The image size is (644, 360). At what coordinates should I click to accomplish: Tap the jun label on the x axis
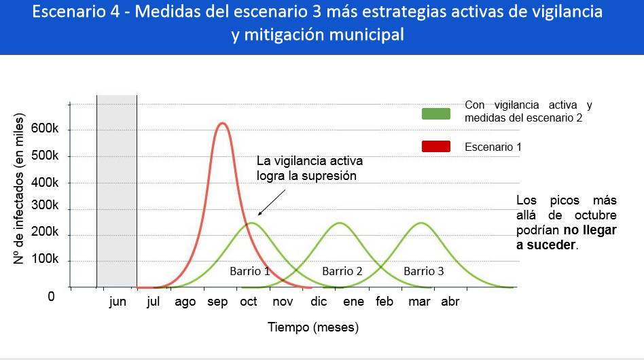click(118, 302)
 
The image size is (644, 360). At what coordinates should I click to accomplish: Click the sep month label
click(217, 302)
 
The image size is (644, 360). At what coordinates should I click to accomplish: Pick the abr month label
click(450, 302)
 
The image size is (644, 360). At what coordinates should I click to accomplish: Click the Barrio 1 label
click(249, 271)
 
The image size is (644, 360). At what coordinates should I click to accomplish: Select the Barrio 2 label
click(342, 271)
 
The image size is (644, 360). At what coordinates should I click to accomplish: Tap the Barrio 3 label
click(424, 271)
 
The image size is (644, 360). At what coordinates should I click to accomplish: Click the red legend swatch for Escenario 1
click(436, 146)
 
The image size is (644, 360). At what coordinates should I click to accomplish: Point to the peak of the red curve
click(221, 124)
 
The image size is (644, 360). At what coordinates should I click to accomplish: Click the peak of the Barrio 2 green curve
click(338, 223)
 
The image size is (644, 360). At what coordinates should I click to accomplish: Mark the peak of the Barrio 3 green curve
click(421, 223)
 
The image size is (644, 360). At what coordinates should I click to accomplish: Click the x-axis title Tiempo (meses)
click(313, 327)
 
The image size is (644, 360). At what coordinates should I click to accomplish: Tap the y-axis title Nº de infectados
click(20, 190)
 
